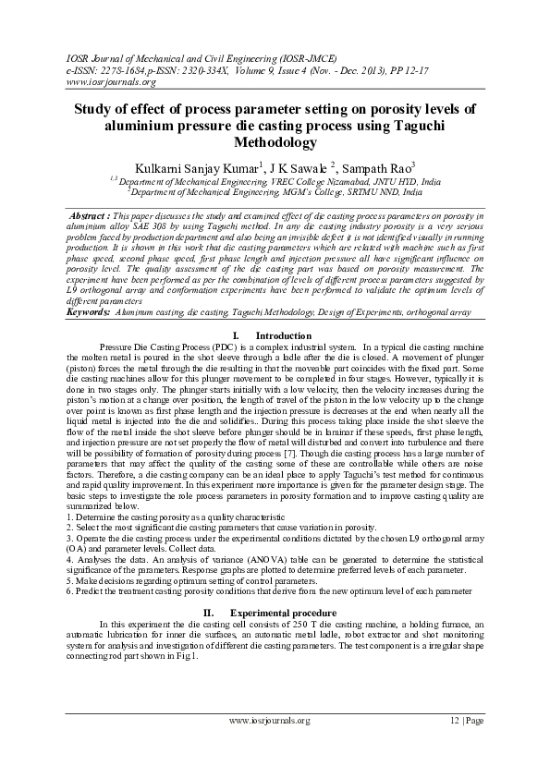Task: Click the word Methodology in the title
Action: pos(275,142)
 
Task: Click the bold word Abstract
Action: pos(91,214)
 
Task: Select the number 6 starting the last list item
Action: pos(69,590)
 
